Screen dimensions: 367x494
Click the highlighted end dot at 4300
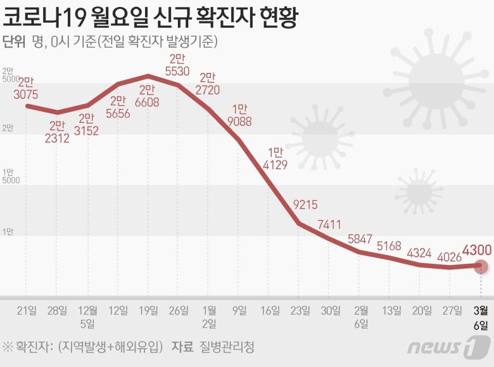481,266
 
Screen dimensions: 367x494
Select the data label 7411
331,224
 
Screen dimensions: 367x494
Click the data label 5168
389,246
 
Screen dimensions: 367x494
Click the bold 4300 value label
477,250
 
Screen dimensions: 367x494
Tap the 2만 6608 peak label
146,96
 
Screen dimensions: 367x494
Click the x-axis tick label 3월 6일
481,318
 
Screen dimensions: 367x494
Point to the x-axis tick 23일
300,311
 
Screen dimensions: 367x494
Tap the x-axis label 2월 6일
361,318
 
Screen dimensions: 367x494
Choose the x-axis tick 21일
26,311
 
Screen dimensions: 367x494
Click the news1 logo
449,347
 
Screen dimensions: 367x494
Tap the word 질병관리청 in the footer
227,347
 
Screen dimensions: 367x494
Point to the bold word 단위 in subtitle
14,42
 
